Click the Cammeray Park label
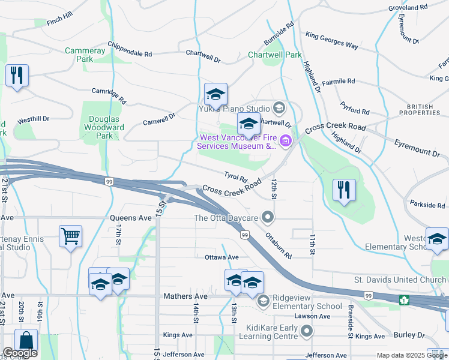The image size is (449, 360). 85,55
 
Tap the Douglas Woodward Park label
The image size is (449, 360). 106,127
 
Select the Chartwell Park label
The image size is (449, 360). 275,55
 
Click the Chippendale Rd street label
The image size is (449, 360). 130,49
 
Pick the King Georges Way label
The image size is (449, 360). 332,40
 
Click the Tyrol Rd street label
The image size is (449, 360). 235,178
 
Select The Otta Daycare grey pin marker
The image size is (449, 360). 268,217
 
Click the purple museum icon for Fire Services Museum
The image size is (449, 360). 285,142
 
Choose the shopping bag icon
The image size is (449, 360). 26,340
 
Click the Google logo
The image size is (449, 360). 20,353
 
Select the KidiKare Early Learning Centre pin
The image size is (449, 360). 307,331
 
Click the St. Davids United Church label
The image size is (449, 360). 400,280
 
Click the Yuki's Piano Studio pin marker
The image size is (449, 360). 278,109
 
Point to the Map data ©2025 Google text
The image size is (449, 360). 411,355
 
